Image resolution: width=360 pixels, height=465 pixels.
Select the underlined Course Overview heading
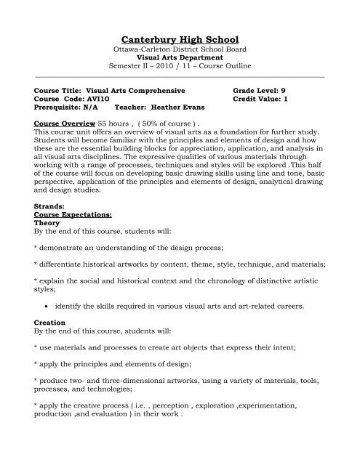pyautogui.click(x=65, y=124)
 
